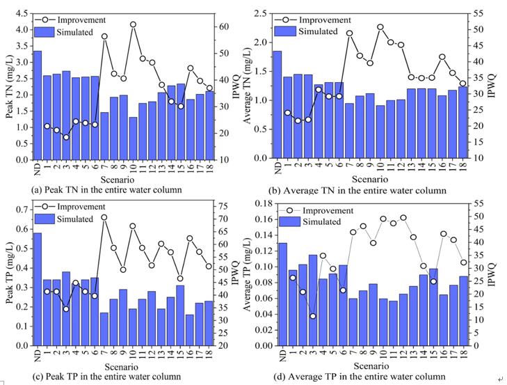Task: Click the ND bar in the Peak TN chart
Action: [37, 105]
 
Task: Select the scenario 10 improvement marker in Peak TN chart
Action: [133, 24]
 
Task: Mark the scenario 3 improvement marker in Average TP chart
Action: [313, 316]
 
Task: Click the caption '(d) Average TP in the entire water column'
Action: [362, 377]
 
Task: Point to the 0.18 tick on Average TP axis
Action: [265, 203]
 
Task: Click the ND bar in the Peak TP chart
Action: [37, 289]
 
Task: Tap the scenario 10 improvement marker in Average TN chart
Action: [380, 27]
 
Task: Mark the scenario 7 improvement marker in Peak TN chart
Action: [104, 36]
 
